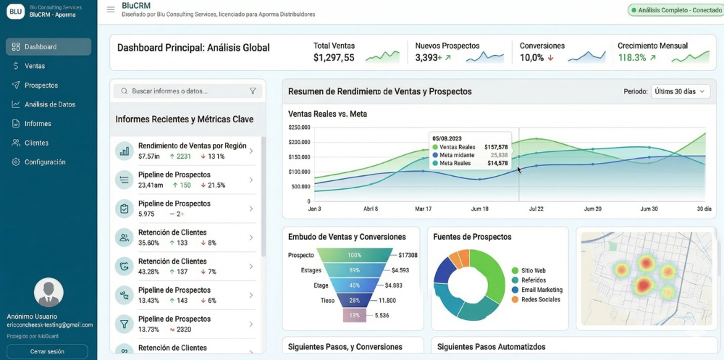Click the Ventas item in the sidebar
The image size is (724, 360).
(x=35, y=66)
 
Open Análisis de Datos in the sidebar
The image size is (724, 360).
(x=49, y=104)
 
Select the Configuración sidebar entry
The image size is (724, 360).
(x=45, y=162)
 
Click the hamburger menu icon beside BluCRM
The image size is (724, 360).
(x=111, y=9)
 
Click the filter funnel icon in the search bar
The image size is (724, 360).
(x=253, y=91)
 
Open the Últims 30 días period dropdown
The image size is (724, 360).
(x=680, y=91)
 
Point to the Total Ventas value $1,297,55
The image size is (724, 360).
(x=334, y=58)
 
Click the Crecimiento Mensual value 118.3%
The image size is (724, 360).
(x=632, y=58)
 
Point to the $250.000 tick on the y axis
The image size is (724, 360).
(x=299, y=127)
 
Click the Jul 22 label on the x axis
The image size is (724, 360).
(x=536, y=209)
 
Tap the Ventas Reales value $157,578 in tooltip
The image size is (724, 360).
(x=496, y=147)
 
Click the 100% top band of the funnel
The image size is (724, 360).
(x=354, y=255)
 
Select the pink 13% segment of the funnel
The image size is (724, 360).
(x=354, y=315)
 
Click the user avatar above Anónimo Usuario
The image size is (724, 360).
(x=49, y=293)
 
